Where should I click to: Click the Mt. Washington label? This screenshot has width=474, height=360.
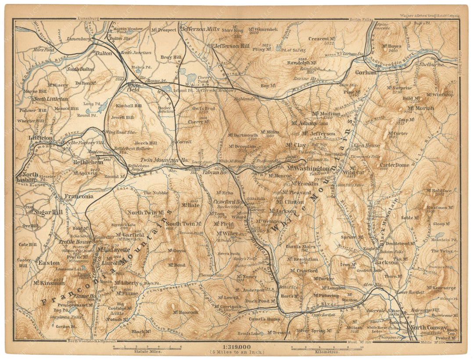[309, 169]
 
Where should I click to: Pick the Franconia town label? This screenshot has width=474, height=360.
[79, 196]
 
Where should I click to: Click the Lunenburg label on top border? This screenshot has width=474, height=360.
[88, 19]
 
